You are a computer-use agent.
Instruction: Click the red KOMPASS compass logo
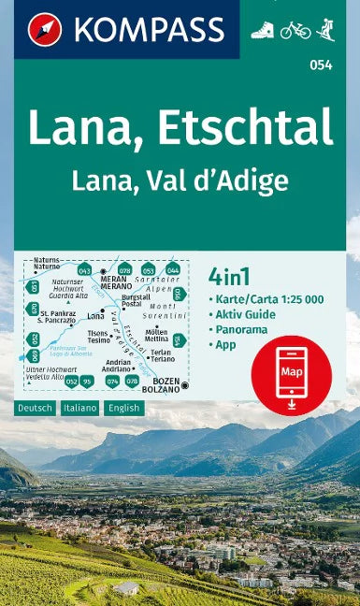[x=44, y=29]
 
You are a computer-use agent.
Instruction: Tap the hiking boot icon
[x=262, y=29]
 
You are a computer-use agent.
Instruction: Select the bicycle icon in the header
[x=295, y=29]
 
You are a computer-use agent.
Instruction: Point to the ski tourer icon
[x=325, y=29]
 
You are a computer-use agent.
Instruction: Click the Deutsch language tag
[x=35, y=409]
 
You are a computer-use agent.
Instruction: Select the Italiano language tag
[x=80, y=409]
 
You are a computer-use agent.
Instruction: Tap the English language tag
[x=125, y=409]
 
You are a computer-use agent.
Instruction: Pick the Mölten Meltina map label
[x=156, y=336]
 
